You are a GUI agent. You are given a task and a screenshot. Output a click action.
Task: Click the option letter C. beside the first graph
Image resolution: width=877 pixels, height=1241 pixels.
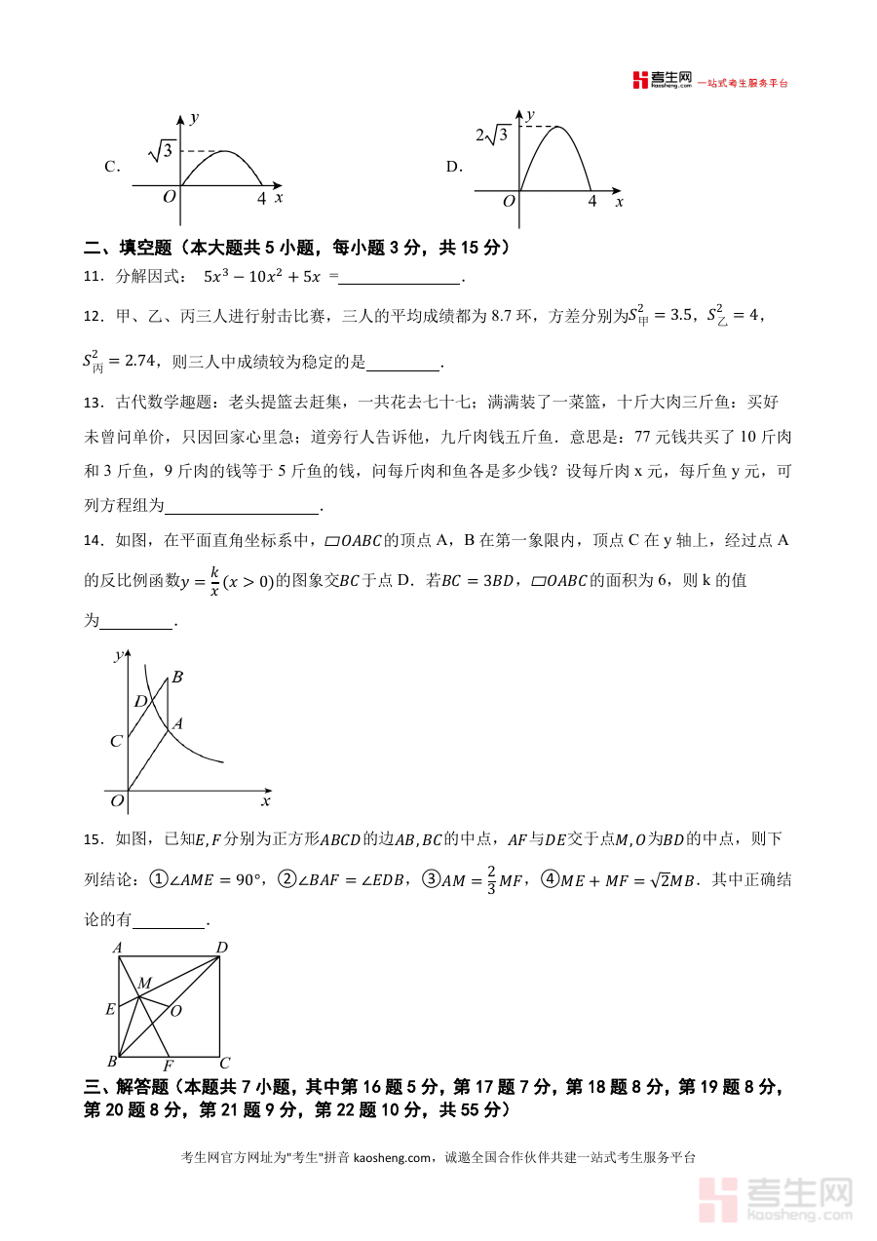(x=112, y=167)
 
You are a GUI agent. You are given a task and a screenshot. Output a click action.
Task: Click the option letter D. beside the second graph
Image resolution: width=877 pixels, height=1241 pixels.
(x=454, y=167)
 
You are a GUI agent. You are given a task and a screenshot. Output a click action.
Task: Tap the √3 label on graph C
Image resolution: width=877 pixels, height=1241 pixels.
(x=162, y=150)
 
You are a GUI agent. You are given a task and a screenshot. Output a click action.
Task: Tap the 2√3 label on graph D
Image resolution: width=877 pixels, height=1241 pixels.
(x=492, y=135)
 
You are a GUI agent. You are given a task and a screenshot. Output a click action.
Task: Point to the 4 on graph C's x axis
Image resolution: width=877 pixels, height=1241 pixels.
(x=261, y=197)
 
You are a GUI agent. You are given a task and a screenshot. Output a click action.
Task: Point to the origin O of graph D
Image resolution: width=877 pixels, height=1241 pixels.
(x=508, y=202)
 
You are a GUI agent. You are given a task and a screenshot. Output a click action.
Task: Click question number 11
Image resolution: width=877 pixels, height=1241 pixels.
(x=94, y=277)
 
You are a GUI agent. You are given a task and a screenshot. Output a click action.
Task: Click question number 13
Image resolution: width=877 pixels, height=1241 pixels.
(x=94, y=402)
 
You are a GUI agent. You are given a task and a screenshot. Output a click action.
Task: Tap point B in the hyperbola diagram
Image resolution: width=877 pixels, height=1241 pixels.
(x=177, y=677)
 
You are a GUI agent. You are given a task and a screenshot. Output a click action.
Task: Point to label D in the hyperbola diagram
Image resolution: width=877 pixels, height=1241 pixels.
(x=140, y=701)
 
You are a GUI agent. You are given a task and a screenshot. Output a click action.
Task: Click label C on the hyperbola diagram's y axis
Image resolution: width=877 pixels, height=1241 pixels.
(x=116, y=741)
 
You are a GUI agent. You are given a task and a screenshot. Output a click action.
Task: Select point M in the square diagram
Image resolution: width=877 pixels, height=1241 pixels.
(x=144, y=984)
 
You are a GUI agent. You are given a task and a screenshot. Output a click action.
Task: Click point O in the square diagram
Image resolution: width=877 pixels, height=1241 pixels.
(x=176, y=1011)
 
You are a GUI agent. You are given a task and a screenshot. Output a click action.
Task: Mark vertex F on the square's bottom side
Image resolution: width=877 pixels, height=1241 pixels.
(x=168, y=1066)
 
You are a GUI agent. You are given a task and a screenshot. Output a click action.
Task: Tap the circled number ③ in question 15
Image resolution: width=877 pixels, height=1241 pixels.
(x=431, y=878)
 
